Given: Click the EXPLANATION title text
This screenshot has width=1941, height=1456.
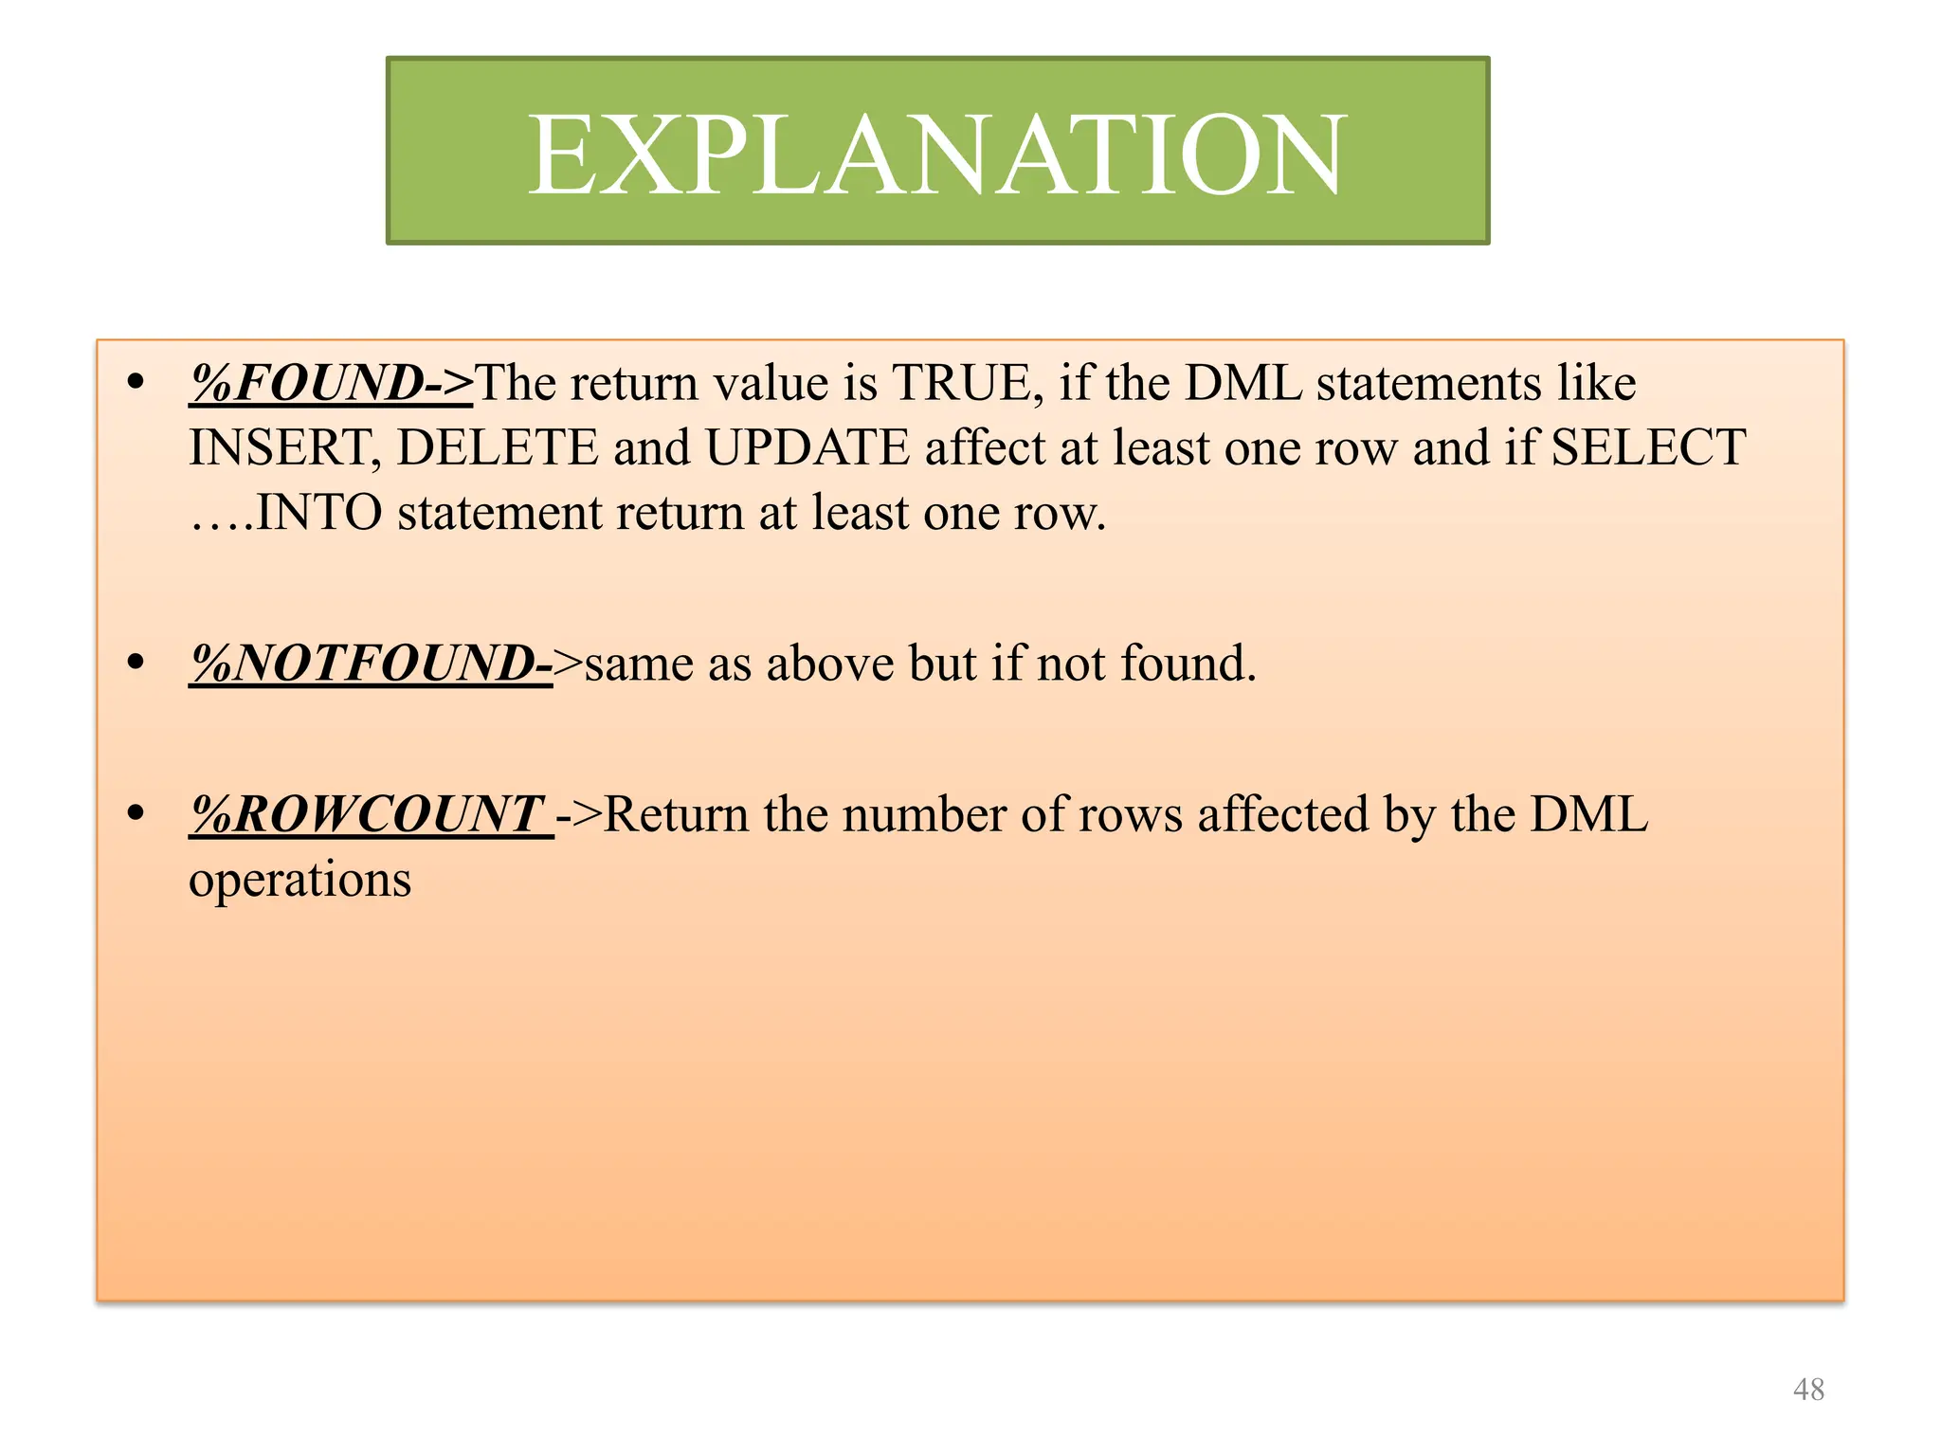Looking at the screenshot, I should point(936,154).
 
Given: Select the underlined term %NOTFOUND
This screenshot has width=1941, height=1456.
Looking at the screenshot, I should point(370,663).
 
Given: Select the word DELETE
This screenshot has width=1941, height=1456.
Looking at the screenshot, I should point(497,447).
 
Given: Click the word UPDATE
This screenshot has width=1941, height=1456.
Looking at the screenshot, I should point(807,447).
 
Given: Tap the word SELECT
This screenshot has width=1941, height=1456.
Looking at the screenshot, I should point(1648,447).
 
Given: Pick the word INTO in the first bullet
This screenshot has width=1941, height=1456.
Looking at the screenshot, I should point(319,513).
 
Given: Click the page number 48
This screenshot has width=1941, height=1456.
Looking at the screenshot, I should point(1808,1390).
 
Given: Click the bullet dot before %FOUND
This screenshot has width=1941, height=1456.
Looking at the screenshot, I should point(136,383).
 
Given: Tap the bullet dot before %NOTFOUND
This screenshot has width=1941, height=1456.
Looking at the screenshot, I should point(136,663).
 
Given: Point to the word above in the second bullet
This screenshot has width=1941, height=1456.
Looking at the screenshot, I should point(829,663).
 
